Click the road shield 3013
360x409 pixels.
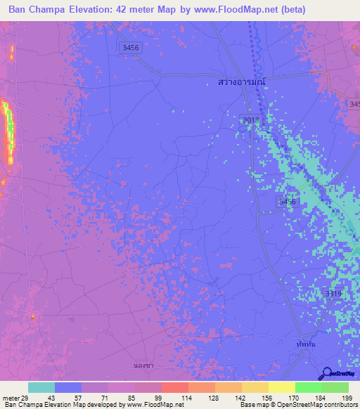click(251, 120)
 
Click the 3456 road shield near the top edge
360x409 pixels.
click(129, 46)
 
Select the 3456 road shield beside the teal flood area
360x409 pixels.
click(286, 202)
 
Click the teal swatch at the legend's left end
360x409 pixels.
click(41, 387)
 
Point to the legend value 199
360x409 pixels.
click(347, 397)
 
